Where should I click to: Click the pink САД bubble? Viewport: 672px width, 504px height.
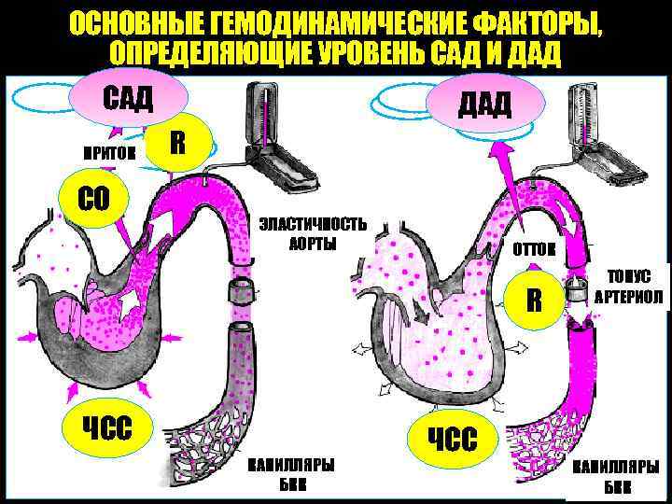128,96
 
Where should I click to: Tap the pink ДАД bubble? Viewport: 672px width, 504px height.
483,104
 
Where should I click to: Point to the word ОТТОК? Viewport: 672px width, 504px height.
534,248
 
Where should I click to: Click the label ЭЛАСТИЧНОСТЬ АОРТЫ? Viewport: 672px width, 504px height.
311,234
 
